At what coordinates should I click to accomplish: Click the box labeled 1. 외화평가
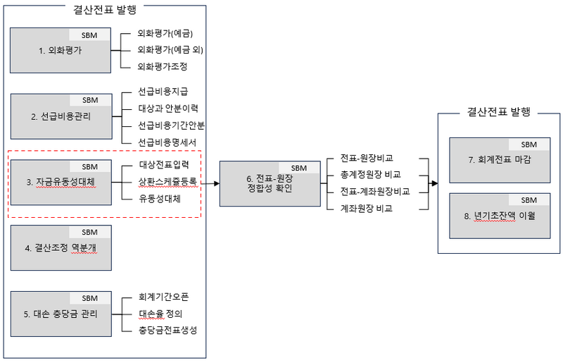click(x=61, y=51)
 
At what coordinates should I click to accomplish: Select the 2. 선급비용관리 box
click(x=61, y=116)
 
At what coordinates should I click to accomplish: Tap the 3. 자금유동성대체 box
click(x=61, y=183)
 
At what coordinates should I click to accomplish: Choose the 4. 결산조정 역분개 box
click(x=61, y=248)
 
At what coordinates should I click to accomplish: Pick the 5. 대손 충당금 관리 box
click(x=61, y=314)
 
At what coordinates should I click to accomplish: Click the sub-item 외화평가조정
click(x=163, y=66)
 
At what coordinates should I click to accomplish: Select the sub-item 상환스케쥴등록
click(x=167, y=182)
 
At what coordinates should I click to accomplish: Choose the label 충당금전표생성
click(x=167, y=331)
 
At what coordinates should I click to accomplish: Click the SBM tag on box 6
click(x=299, y=168)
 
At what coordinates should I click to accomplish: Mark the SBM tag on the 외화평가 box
click(x=90, y=35)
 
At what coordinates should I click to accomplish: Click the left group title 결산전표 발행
click(x=105, y=10)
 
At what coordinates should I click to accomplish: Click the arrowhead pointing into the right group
click(x=434, y=183)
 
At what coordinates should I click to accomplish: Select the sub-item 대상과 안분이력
click(x=168, y=109)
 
